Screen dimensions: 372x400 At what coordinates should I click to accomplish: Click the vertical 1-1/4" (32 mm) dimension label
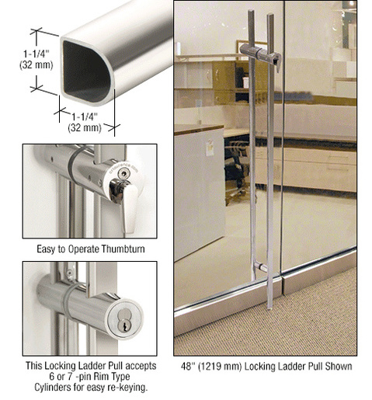click(x=37, y=59)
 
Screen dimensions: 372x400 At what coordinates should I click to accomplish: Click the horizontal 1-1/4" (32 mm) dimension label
click(x=85, y=122)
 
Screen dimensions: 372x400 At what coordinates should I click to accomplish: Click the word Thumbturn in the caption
click(x=123, y=249)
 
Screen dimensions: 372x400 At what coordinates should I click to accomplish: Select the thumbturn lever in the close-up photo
click(x=129, y=204)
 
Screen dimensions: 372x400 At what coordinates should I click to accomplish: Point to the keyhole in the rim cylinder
click(x=124, y=327)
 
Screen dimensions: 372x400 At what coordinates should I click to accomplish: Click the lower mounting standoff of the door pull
click(x=260, y=267)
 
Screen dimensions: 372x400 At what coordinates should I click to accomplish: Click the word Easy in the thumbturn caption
click(x=46, y=249)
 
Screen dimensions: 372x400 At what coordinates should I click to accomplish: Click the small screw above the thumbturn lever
click(x=124, y=172)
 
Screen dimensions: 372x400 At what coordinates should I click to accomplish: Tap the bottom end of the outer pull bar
click(x=270, y=308)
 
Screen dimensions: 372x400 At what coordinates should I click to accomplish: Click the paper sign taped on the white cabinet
click(x=210, y=148)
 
